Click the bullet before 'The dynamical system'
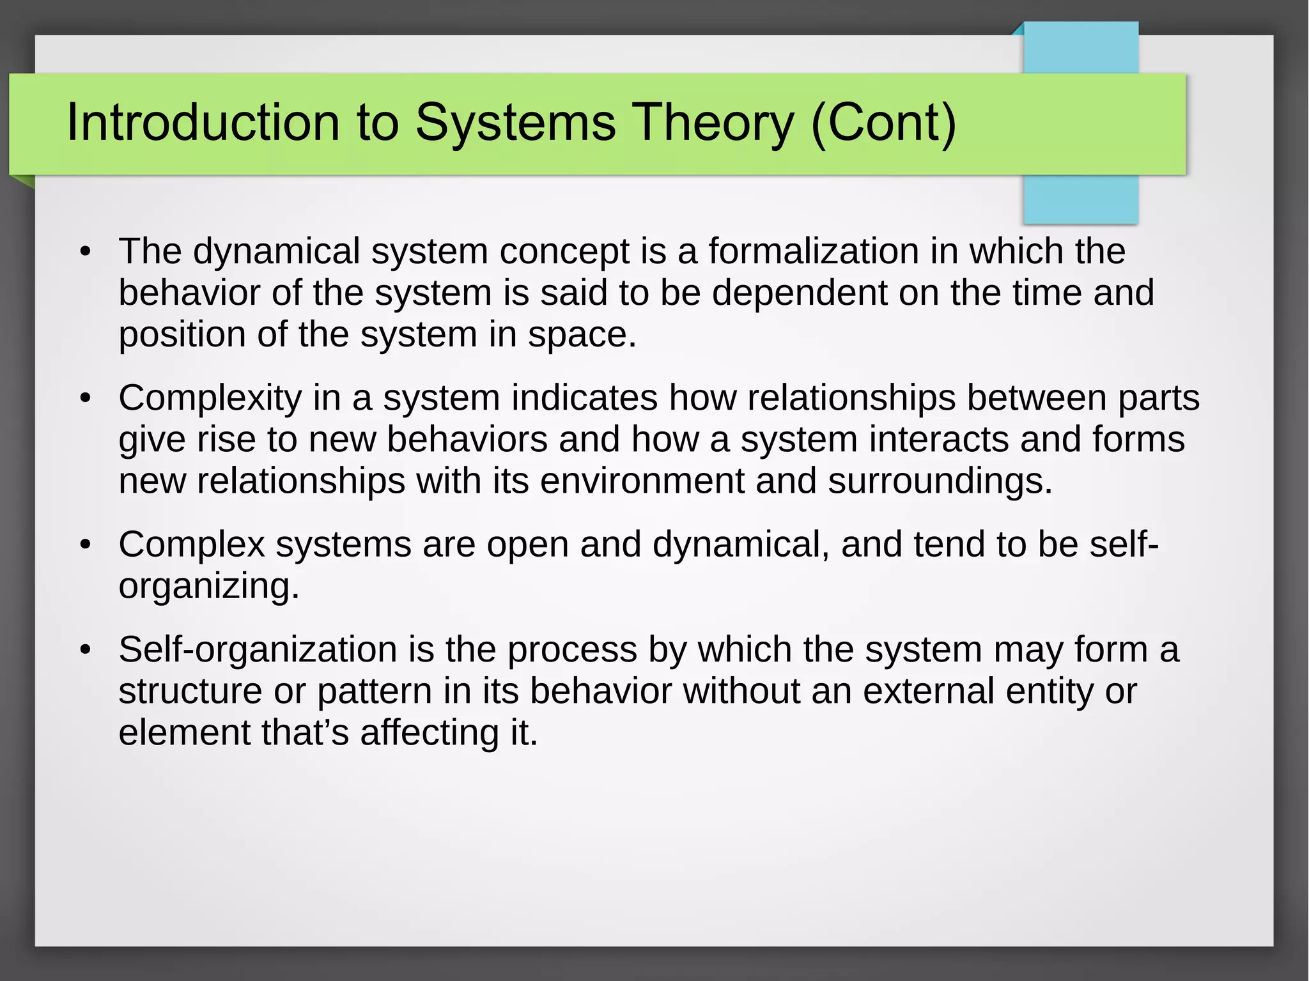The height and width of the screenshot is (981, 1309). [x=86, y=251]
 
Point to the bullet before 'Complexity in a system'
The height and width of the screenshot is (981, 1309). [x=86, y=398]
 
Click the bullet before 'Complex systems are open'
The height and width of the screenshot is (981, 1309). [x=86, y=545]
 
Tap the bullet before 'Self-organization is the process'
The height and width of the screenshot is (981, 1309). [x=86, y=650]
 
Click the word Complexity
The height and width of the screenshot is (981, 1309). [x=210, y=398]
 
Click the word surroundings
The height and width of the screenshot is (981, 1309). [x=939, y=481]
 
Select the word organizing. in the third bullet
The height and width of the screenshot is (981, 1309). [x=208, y=586]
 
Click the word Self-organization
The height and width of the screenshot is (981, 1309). [x=258, y=649]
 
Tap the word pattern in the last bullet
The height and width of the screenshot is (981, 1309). [x=375, y=691]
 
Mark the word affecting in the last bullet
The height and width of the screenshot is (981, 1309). [x=429, y=732]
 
